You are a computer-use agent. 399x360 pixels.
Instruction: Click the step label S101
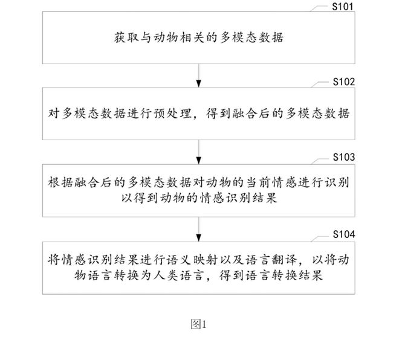coord(343,7)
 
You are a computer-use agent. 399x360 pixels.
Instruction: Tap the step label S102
coord(344,82)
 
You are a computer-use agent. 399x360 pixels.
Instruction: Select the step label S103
coord(344,157)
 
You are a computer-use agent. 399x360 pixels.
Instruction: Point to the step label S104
coord(344,234)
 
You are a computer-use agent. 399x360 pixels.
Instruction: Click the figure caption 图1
coord(198,324)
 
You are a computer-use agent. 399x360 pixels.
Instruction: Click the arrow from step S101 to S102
coord(199,76)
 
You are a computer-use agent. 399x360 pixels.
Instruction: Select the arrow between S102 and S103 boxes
coord(199,152)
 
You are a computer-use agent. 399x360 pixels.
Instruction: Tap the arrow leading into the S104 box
coord(199,230)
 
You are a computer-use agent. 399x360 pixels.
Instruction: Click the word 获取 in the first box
coord(126,37)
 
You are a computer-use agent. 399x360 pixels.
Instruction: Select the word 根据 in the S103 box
coord(60,182)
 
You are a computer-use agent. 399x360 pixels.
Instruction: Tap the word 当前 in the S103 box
coord(258,182)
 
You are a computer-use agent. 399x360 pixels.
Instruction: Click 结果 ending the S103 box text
coord(265,198)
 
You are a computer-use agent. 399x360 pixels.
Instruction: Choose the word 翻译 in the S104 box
coord(285,260)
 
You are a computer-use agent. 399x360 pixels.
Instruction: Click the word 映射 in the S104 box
coord(206,260)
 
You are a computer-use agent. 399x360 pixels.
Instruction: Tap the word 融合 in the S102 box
coord(245,114)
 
